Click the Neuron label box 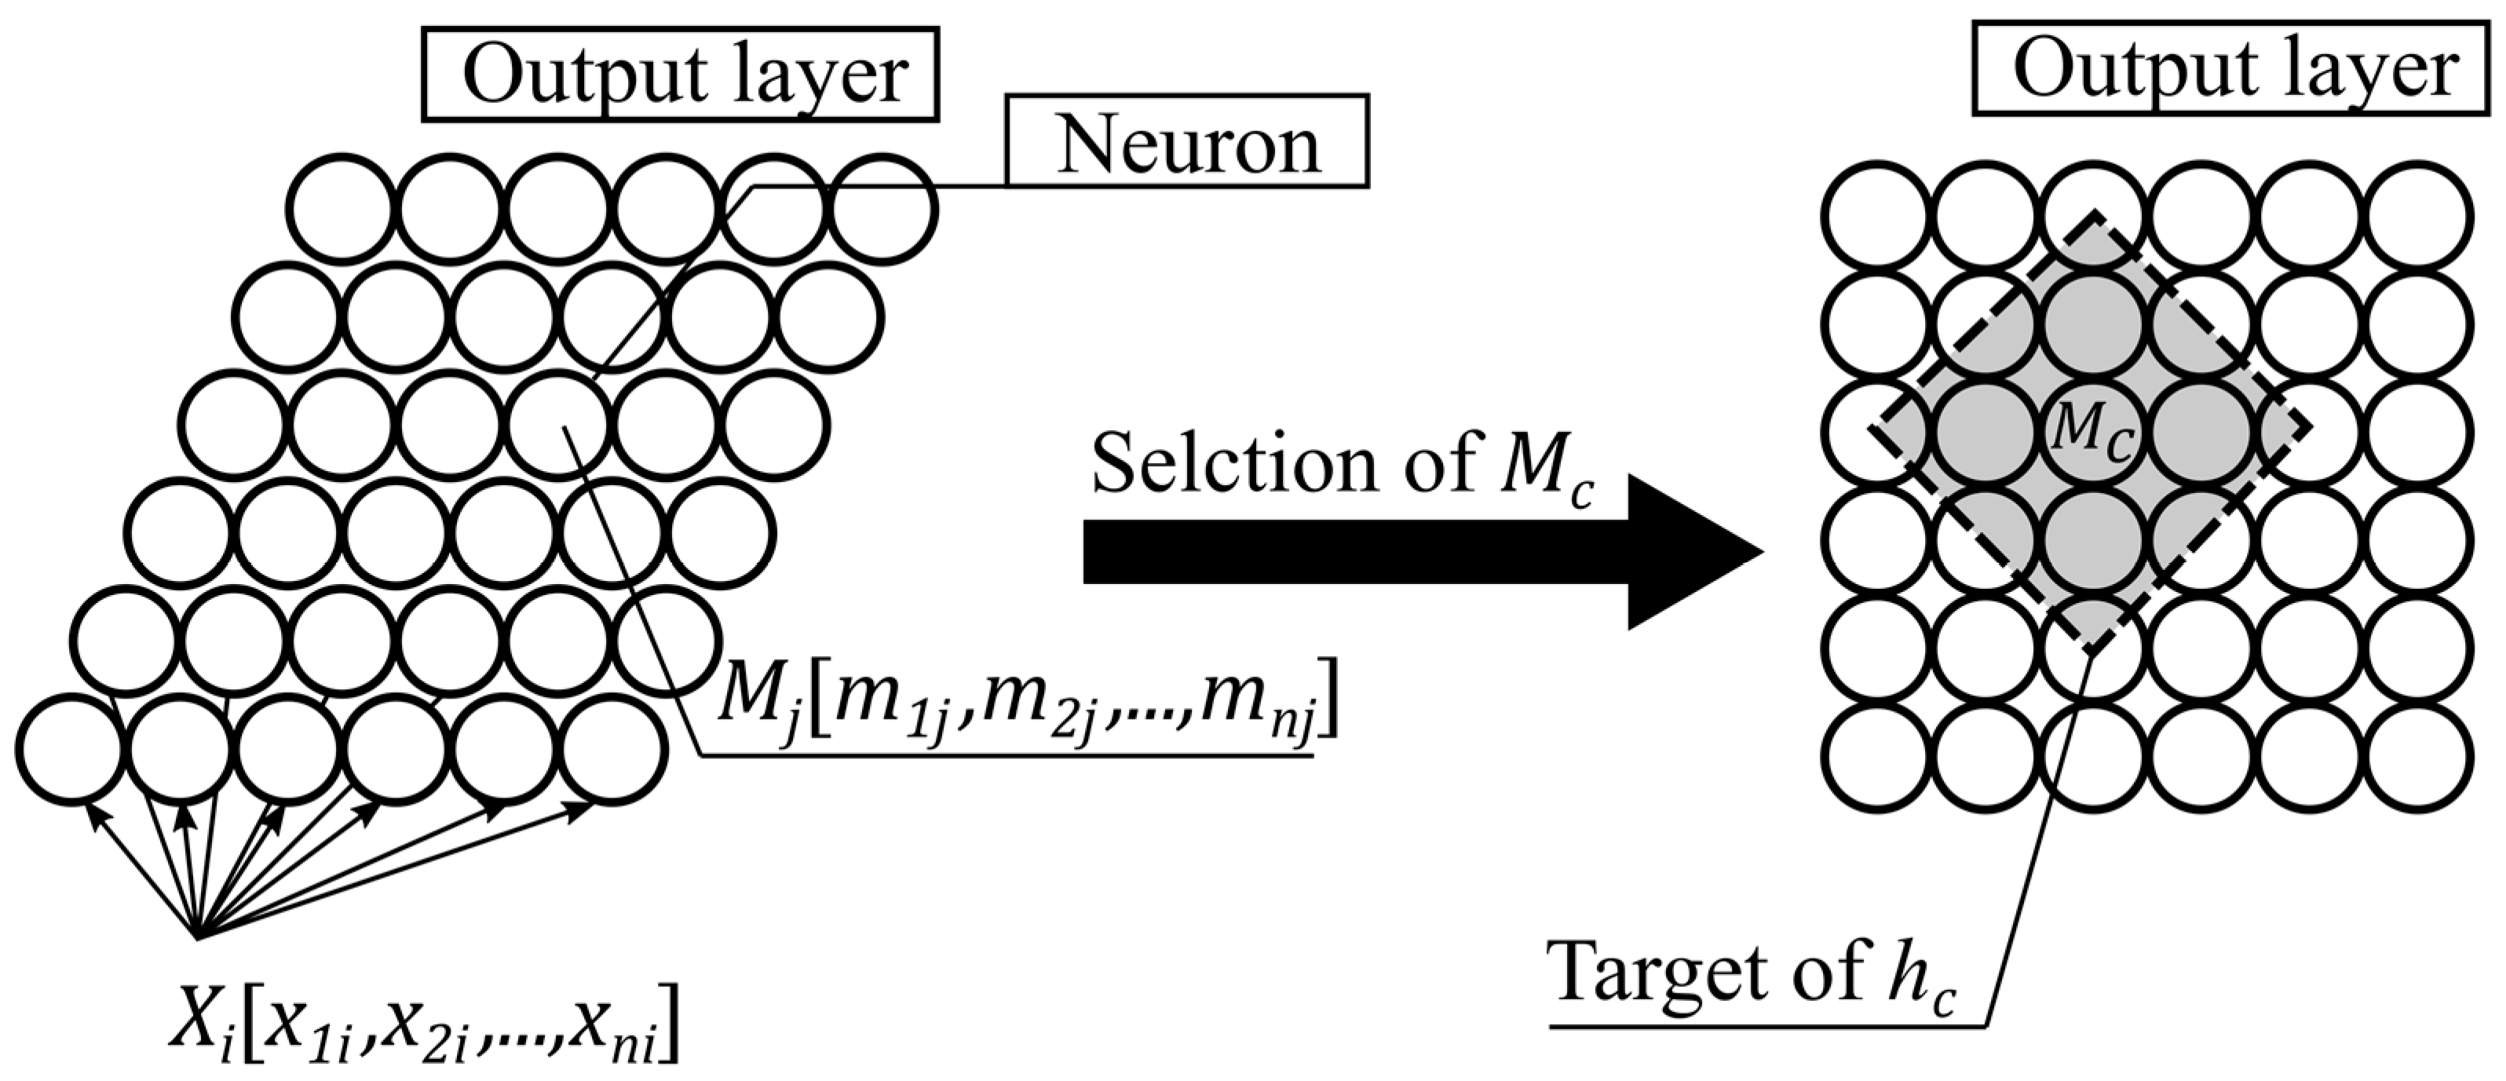pyautogui.click(x=1187, y=141)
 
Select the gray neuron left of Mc pyautogui.click(x=1985, y=432)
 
